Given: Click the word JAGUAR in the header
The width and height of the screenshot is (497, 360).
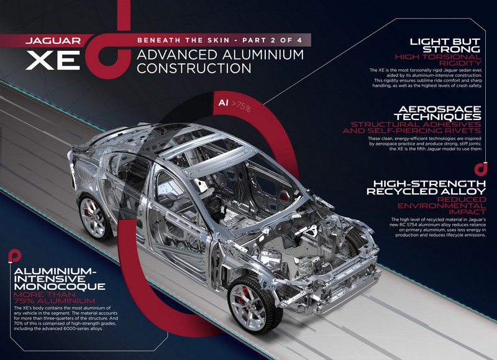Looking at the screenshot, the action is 53,40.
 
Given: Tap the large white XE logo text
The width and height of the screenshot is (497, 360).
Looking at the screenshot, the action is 53,60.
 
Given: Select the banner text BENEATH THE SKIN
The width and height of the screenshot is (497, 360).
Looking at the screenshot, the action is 183,40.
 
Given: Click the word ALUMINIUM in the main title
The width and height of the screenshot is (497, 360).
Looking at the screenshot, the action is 263,55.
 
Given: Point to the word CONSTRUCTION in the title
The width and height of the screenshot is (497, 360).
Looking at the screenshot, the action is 194,68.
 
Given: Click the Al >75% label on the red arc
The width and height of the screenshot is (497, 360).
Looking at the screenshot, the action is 235,104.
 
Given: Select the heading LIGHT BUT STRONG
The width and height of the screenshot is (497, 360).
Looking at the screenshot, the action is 445,45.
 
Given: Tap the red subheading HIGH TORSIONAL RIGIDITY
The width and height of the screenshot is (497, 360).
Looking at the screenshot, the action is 438,60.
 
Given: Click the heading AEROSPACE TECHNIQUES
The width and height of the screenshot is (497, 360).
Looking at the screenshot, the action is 437,113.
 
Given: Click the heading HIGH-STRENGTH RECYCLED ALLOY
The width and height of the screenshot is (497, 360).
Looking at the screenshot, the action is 426,187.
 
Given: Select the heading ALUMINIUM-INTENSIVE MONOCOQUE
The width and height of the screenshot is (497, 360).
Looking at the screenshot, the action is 60,279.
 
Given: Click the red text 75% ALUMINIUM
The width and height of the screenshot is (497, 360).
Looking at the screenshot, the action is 55,301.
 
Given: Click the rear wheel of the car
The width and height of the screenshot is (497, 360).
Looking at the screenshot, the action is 94,216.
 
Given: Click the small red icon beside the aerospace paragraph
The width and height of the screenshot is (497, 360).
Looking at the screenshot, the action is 481,168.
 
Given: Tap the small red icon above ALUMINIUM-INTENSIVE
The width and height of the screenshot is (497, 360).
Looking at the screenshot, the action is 15,256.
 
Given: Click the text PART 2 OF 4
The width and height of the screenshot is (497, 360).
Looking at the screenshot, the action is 272,40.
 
